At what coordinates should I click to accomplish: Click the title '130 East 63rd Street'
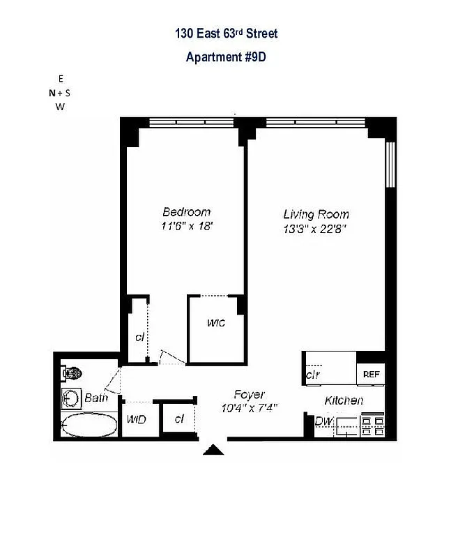pyautogui.click(x=226, y=33)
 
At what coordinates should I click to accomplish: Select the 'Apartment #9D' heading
pyautogui.click(x=226, y=57)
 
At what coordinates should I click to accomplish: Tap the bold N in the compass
pyautogui.click(x=51, y=93)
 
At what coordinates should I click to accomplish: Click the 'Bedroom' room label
pyautogui.click(x=186, y=212)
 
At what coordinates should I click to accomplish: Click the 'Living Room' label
pyautogui.click(x=316, y=214)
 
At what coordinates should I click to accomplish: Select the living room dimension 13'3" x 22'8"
pyautogui.click(x=316, y=227)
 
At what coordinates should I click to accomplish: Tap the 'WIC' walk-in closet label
pyautogui.click(x=215, y=324)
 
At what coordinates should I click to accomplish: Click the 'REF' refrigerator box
pyautogui.click(x=371, y=375)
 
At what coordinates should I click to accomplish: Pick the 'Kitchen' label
pyautogui.click(x=344, y=400)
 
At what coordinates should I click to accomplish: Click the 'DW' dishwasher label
pyautogui.click(x=322, y=421)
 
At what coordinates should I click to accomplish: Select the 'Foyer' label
pyautogui.click(x=249, y=395)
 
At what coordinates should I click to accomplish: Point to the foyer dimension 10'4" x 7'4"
pyautogui.click(x=249, y=408)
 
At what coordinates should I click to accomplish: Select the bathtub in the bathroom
pyautogui.click(x=89, y=425)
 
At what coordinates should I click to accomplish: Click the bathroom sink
pyautogui.click(x=71, y=399)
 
